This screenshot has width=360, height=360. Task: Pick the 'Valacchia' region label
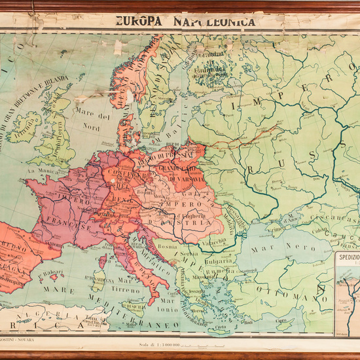click(x=215, y=242)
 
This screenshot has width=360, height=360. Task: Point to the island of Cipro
click(x=281, y=321)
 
